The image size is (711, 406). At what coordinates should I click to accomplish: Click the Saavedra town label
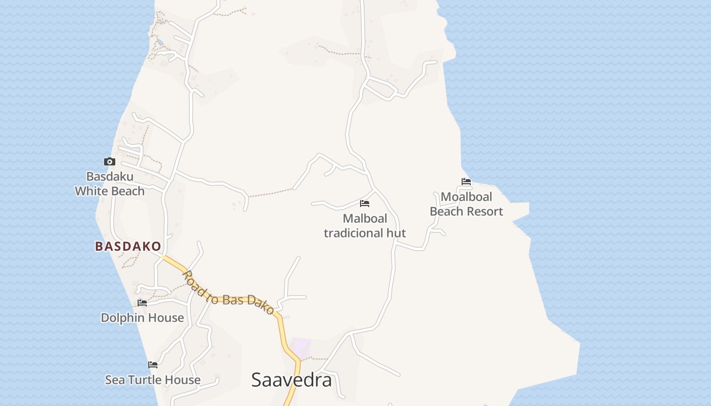click(292, 380)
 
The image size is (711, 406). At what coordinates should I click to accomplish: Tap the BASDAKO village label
click(128, 247)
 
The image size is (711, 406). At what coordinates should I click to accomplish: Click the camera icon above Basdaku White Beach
click(109, 162)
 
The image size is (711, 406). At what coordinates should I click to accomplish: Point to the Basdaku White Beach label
click(110, 184)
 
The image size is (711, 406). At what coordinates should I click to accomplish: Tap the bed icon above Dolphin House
click(142, 303)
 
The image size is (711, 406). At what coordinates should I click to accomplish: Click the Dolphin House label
click(142, 318)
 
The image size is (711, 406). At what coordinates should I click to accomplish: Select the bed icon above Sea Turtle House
click(153, 365)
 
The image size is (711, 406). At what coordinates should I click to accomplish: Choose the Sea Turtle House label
click(153, 380)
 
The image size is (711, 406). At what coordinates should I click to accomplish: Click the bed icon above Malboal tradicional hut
click(365, 204)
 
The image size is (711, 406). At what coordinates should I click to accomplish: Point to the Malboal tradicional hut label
click(365, 226)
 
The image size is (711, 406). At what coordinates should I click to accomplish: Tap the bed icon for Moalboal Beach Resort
click(466, 182)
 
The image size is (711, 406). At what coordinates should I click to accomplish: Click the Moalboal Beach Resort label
click(466, 204)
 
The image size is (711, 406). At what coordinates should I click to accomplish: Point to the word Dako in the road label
click(261, 304)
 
